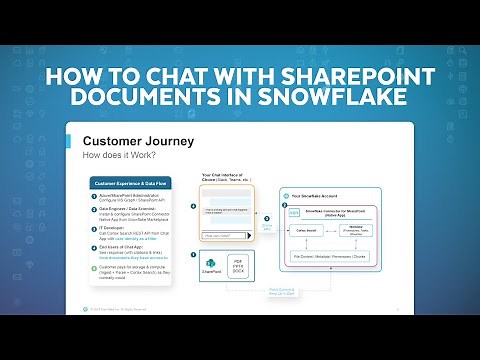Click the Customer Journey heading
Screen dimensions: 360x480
tap(138, 141)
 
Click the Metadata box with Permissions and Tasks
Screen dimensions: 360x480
tap(358, 230)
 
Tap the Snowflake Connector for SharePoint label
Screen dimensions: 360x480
tap(336, 211)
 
